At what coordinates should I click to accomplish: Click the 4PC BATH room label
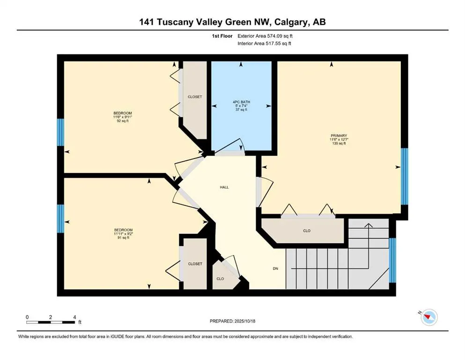click(241, 102)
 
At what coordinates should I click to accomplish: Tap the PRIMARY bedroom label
click(338, 135)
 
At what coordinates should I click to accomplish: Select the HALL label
click(224, 187)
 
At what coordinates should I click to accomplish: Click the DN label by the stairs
click(276, 269)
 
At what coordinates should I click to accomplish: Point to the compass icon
click(428, 317)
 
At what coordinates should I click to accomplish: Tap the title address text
click(232, 22)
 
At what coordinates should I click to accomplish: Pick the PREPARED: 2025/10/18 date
click(233, 321)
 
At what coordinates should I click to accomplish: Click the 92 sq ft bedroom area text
click(123, 121)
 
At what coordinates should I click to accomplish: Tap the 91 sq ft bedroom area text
click(123, 238)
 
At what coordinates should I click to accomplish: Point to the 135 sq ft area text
click(338, 144)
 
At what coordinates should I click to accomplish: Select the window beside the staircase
click(392, 260)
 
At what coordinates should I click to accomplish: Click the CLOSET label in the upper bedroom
click(195, 97)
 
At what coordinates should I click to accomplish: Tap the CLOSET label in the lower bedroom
click(195, 264)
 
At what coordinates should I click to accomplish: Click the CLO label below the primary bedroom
click(307, 231)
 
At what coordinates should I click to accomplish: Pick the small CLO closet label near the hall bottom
click(220, 278)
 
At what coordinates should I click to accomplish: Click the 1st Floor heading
click(222, 36)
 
